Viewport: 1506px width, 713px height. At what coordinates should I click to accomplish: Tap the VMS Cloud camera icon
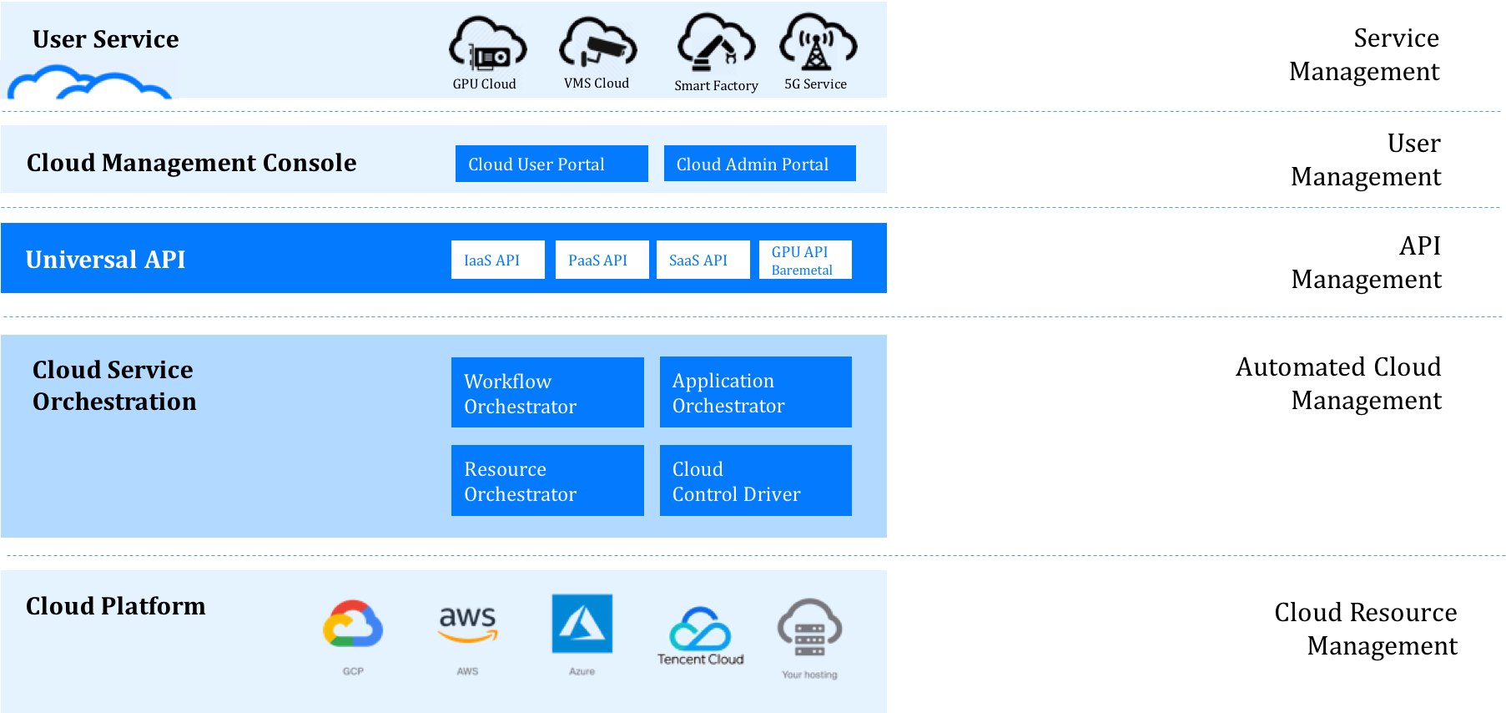598,43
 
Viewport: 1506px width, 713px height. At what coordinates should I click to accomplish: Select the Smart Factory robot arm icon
716,43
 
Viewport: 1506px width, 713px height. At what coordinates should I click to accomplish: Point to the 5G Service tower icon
817,43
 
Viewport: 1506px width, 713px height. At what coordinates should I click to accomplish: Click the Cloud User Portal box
552,164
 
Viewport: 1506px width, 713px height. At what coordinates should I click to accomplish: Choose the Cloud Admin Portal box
759,164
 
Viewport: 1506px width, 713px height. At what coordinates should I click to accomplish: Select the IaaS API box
497,260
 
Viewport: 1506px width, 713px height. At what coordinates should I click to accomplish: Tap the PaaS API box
602,260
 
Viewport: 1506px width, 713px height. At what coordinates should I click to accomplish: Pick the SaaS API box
703,260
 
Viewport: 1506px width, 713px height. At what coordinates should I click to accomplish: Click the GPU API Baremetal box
805,260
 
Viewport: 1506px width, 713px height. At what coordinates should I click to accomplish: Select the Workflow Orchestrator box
547,392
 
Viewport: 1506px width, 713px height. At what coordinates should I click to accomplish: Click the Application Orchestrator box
755,392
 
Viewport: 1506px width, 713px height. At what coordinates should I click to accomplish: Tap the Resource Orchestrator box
547,480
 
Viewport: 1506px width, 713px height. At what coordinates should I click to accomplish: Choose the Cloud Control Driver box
755,480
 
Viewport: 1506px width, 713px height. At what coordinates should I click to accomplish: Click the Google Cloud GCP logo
353,624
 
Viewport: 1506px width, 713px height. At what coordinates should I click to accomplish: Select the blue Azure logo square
582,624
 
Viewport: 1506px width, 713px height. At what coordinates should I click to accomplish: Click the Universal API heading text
106,260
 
